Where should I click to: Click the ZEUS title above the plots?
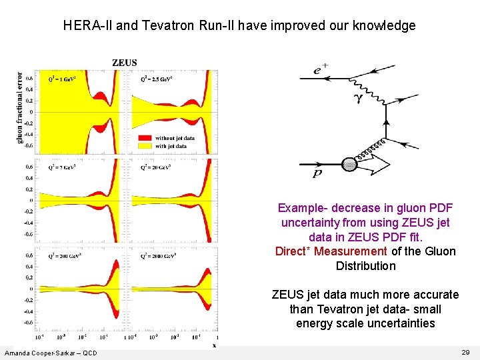pyautogui.click(x=125, y=63)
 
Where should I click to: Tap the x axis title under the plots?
pyautogui.click(x=214, y=345)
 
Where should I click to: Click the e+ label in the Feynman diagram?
pyautogui.click(x=320, y=69)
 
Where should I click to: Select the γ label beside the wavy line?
pyautogui.click(x=358, y=97)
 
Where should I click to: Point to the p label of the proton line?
pyautogui.click(x=318, y=174)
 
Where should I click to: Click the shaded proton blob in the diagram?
pyautogui.click(x=349, y=164)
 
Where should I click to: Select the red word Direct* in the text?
pyautogui.click(x=293, y=251)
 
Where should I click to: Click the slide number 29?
pyautogui.click(x=465, y=351)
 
